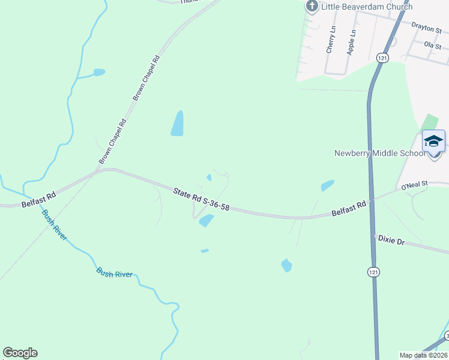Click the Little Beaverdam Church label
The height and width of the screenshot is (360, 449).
tap(367, 7)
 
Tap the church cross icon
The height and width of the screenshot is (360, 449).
tap(312, 7)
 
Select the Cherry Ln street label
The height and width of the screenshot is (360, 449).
tap(330, 40)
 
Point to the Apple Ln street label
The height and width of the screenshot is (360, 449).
tap(352, 42)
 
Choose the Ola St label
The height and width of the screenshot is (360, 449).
tap(432, 45)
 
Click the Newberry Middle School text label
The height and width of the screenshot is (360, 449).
tap(379, 153)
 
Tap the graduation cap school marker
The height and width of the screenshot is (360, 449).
tap(433, 142)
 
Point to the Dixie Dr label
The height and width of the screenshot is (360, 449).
tap(391, 239)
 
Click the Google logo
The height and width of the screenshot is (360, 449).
tap(20, 353)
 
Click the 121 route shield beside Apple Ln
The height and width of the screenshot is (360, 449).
tap(382, 58)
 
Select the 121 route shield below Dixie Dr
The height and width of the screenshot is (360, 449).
tap(374, 272)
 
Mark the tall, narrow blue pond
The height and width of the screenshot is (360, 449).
tap(177, 124)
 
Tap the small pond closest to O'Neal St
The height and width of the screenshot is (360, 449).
tap(327, 185)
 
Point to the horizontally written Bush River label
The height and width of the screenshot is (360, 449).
tap(114, 272)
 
